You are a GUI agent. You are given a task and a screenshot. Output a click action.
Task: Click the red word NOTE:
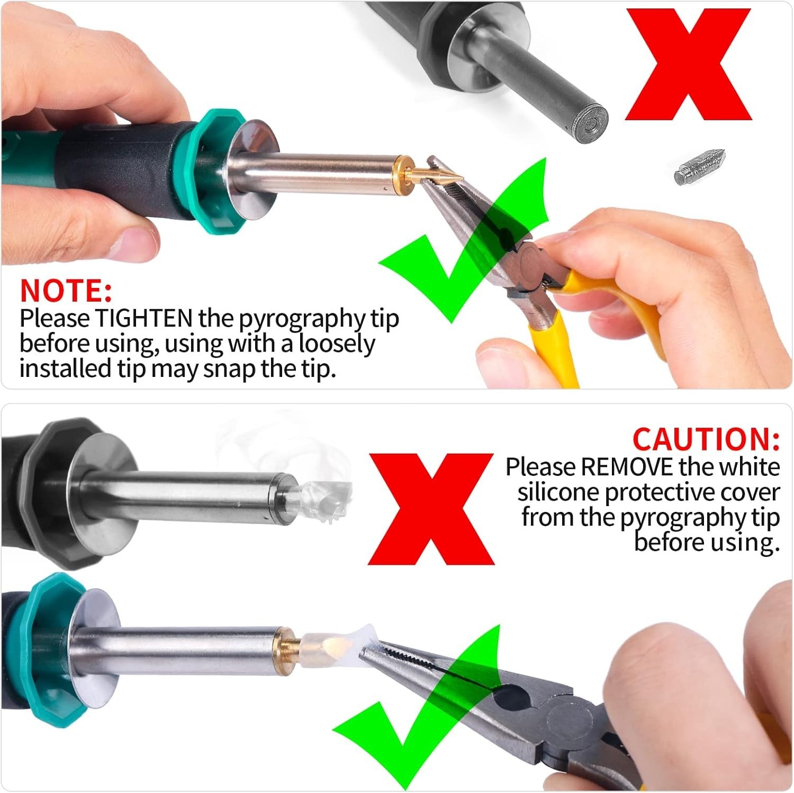[x=66, y=290]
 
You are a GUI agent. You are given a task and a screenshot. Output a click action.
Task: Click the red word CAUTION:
[x=706, y=439]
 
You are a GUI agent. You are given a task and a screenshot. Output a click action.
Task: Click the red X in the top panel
[x=688, y=65]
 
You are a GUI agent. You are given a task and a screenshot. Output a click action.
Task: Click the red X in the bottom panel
[x=431, y=509]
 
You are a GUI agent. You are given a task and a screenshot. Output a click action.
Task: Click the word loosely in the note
[x=337, y=345]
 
